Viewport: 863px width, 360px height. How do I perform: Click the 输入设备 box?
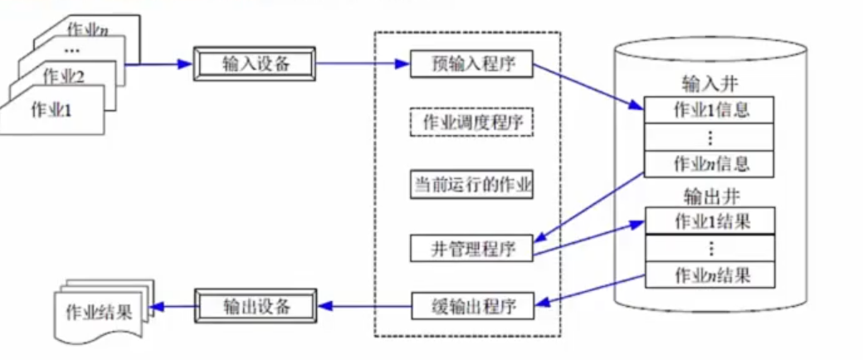pyautogui.click(x=256, y=63)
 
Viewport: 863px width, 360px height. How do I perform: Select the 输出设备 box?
pyautogui.click(x=256, y=306)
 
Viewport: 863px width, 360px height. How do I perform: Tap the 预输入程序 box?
pyautogui.click(x=471, y=63)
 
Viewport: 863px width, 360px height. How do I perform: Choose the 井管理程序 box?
pyautogui.click(x=471, y=247)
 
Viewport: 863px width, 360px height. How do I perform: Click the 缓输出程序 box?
pyautogui.click(x=471, y=306)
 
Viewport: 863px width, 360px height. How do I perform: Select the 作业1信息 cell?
pyautogui.click(x=709, y=109)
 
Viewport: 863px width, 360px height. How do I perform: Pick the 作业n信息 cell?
pyautogui.click(x=709, y=163)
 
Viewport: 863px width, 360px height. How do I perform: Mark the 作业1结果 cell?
pyautogui.click(x=709, y=221)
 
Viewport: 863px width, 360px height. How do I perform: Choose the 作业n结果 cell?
pyautogui.click(x=709, y=275)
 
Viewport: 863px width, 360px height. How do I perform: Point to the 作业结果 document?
pyautogui.click(x=99, y=313)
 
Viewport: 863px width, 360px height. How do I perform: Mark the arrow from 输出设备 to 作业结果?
pyautogui.click(x=173, y=306)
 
